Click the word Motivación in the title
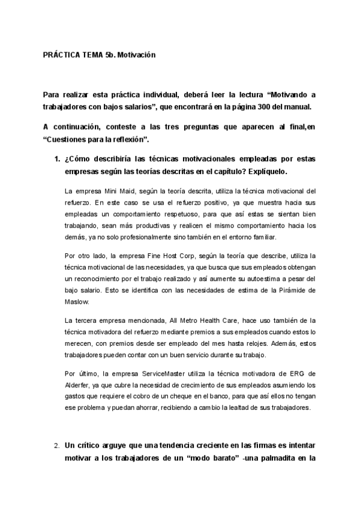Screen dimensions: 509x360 [136, 54]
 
